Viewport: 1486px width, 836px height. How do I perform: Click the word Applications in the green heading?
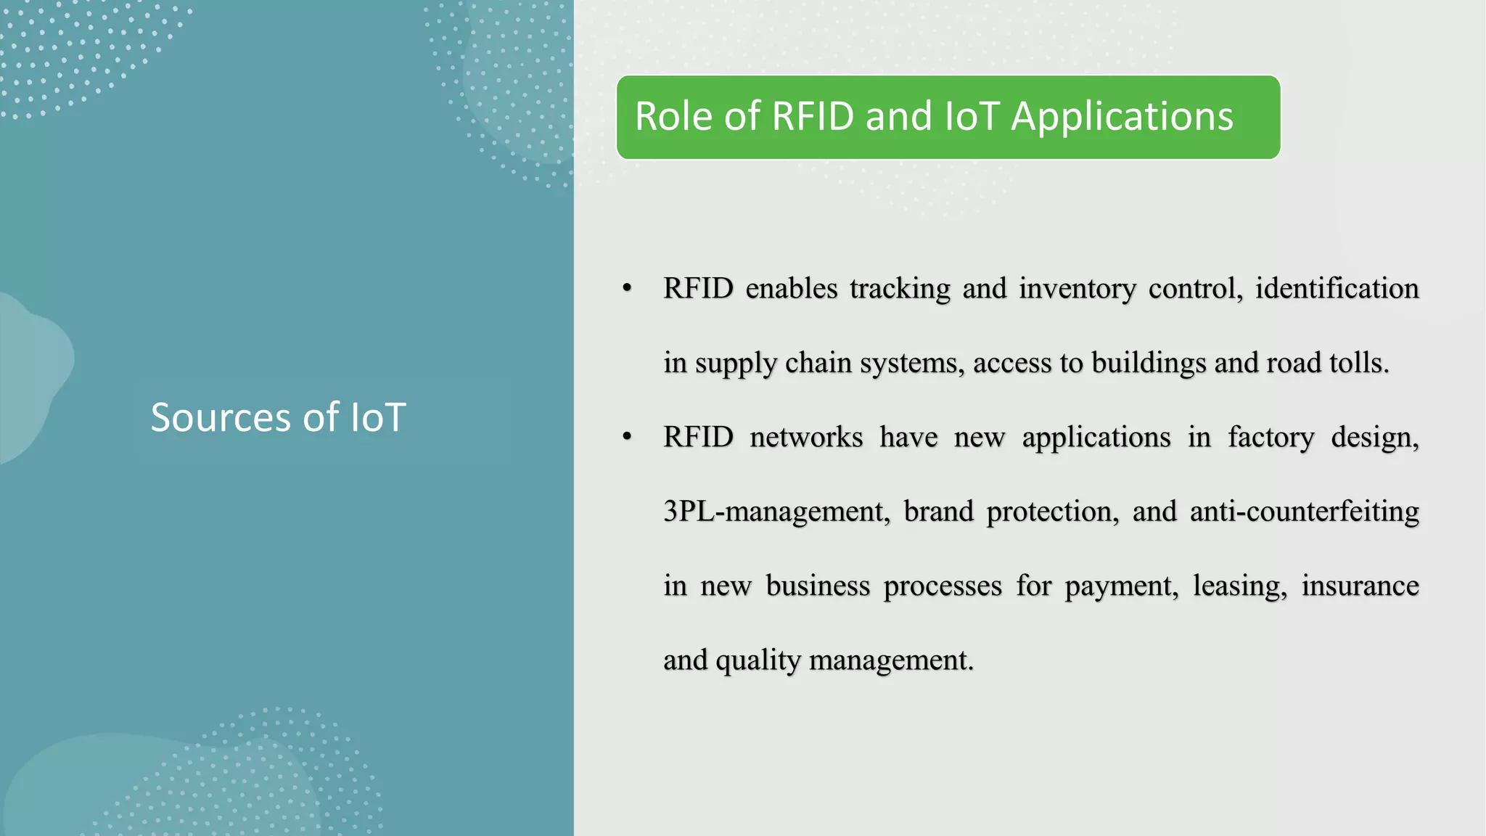1122,117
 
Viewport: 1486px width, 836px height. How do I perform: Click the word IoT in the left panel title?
377,418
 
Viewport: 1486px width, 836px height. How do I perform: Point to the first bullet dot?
627,289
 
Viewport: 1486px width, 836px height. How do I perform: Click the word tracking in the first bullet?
900,289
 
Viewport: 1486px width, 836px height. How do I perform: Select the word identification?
1337,289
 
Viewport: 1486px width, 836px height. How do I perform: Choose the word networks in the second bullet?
806,438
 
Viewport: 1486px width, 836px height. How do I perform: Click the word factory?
1271,438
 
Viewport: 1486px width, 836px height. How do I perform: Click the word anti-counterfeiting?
1304,512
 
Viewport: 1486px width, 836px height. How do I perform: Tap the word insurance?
1360,586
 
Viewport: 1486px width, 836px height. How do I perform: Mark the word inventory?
1077,289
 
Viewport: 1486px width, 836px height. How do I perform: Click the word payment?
1121,586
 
